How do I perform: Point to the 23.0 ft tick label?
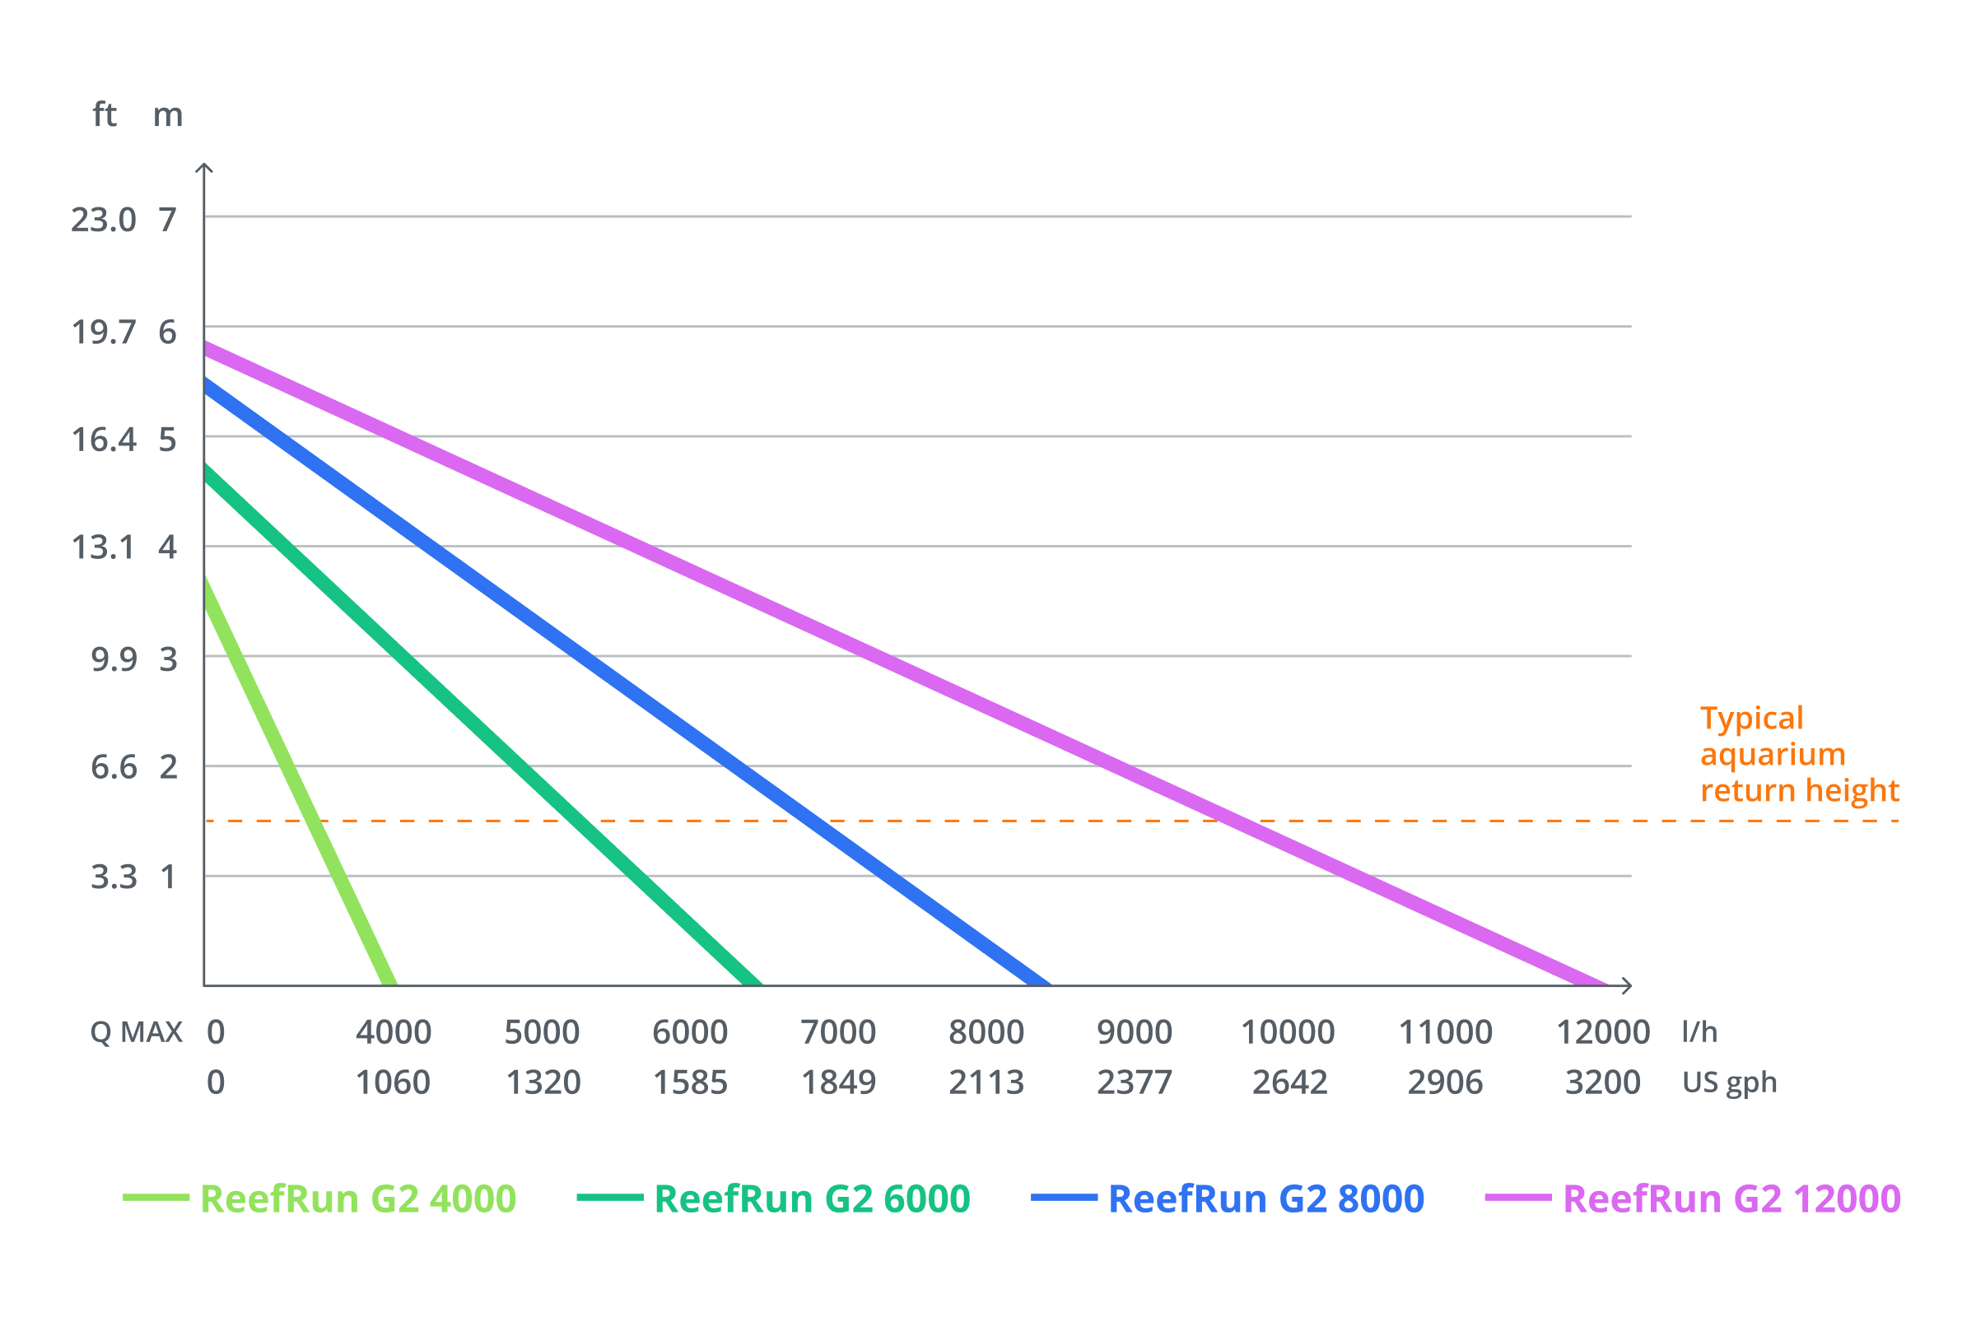(x=102, y=220)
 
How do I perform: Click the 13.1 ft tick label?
(x=102, y=547)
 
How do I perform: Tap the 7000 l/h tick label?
(x=837, y=1032)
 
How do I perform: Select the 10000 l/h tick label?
(x=1287, y=1032)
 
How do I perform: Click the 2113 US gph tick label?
(x=986, y=1082)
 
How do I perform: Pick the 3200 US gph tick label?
(x=1602, y=1082)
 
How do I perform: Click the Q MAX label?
(x=136, y=1032)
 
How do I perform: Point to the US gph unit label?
(x=1729, y=1082)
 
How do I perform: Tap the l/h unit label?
(x=1699, y=1032)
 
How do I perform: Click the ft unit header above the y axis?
(x=105, y=114)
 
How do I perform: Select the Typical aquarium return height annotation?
(x=1799, y=754)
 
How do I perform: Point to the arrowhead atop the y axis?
(x=204, y=168)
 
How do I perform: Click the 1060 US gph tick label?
(x=393, y=1082)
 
